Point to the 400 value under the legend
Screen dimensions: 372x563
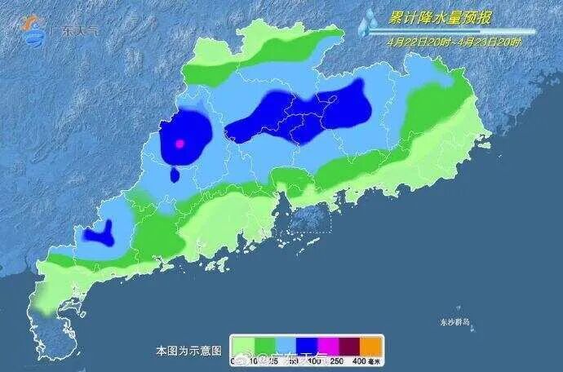click(359, 360)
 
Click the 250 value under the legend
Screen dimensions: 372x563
click(335, 360)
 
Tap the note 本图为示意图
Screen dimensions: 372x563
click(188, 351)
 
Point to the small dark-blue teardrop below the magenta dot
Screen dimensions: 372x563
click(175, 175)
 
